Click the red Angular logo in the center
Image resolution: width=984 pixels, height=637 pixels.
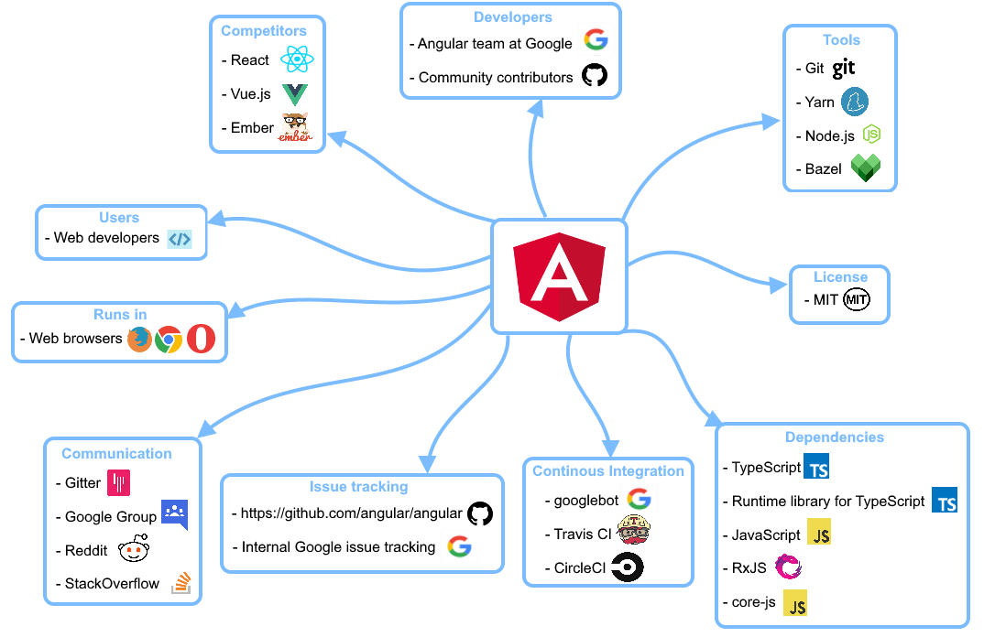[x=559, y=277]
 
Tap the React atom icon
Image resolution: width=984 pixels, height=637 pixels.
[x=298, y=60]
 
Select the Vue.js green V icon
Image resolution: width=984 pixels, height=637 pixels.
[x=295, y=93]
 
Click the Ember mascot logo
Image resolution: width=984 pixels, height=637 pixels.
[x=295, y=128]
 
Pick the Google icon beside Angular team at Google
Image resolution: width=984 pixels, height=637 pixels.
[x=596, y=40]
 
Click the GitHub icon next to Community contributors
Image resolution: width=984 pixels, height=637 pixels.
[x=595, y=76]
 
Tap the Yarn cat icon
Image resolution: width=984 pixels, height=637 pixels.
[x=855, y=102]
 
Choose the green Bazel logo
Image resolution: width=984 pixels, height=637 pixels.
[x=865, y=168]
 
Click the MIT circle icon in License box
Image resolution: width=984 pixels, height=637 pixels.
[x=856, y=299]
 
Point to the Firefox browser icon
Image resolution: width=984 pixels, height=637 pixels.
[x=139, y=340]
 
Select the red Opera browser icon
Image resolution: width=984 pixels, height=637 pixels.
[x=201, y=340]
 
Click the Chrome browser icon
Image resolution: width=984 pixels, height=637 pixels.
[x=169, y=340]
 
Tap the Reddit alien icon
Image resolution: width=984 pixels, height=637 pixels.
[x=134, y=550]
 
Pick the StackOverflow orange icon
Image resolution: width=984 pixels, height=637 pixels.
[x=181, y=583]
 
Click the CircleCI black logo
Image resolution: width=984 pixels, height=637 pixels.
[x=628, y=567]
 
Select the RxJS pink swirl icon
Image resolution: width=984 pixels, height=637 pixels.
[x=788, y=567]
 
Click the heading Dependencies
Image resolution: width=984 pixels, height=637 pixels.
[x=834, y=437]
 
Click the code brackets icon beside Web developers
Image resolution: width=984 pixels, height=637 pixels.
[x=180, y=239]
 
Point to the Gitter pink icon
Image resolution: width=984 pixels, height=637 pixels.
[x=119, y=482]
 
